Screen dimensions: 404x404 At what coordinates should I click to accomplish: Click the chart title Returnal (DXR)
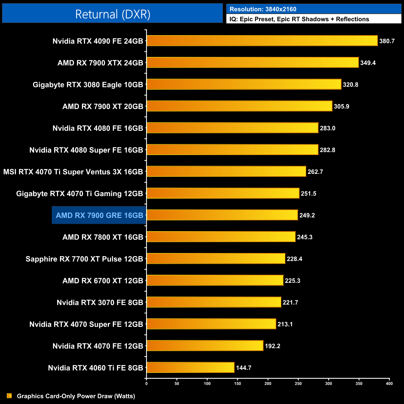click(x=112, y=14)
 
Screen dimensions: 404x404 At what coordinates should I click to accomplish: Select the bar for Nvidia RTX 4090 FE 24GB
click(x=262, y=41)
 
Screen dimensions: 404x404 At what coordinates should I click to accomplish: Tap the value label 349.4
click(x=368, y=63)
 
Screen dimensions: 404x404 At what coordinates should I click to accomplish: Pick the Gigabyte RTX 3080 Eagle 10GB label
click(x=88, y=85)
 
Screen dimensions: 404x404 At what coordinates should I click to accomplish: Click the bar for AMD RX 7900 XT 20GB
click(x=239, y=106)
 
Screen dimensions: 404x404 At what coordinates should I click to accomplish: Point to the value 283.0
click(x=328, y=128)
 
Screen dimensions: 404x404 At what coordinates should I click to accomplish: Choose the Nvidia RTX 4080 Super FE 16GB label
click(x=86, y=150)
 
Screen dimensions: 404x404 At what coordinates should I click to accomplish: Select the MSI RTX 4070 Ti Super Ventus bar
click(x=226, y=171)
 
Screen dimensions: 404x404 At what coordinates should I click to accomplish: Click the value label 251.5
click(x=309, y=194)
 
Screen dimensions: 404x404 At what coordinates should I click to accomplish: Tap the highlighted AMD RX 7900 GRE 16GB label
click(x=99, y=215)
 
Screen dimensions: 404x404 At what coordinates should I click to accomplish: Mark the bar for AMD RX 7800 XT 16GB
click(x=221, y=237)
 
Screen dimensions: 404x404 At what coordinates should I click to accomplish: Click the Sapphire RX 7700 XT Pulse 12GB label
click(x=84, y=259)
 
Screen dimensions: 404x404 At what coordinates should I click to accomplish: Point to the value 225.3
click(x=292, y=281)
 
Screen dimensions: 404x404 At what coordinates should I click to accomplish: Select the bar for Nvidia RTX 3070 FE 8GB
click(x=214, y=302)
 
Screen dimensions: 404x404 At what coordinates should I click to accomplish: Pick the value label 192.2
click(x=273, y=346)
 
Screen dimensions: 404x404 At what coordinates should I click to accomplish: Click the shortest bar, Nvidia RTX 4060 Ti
click(x=191, y=367)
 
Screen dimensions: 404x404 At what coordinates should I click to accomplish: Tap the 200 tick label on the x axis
click(x=268, y=383)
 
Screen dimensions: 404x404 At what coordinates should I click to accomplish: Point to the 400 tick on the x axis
click(x=389, y=383)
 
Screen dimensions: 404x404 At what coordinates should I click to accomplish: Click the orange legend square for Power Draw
click(x=9, y=396)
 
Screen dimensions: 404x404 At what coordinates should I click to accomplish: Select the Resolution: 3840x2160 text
click(x=263, y=9)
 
